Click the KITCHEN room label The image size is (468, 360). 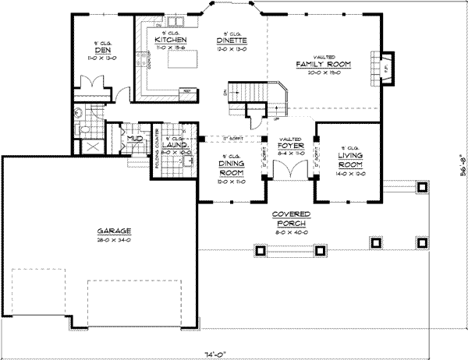point(168,38)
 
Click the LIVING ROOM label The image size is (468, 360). point(349,158)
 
